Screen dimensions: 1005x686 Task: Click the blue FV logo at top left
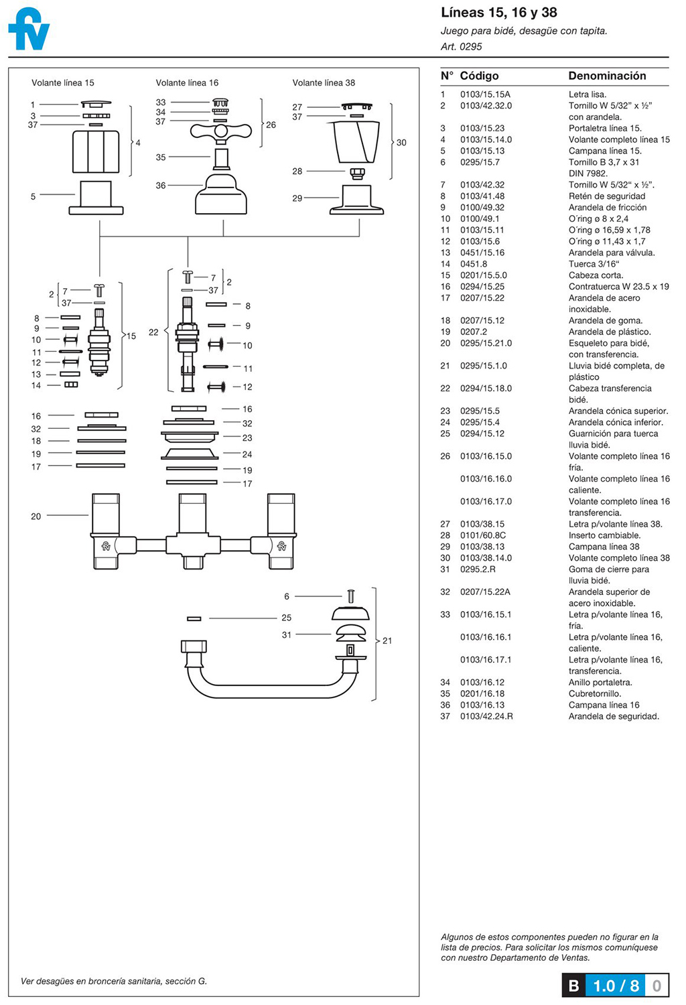[x=29, y=29]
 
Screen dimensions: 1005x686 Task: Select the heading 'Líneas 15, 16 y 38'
[x=498, y=13]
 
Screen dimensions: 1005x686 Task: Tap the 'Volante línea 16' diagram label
[x=187, y=83]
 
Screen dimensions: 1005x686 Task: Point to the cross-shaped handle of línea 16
[x=220, y=131]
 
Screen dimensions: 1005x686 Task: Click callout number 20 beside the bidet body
[x=36, y=517]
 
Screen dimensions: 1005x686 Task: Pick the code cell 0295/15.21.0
[x=486, y=343]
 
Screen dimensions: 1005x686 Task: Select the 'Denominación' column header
[x=607, y=76]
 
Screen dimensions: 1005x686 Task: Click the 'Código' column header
[x=479, y=76]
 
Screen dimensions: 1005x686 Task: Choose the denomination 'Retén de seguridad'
[x=607, y=196]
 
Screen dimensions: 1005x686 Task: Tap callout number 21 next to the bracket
[x=387, y=641]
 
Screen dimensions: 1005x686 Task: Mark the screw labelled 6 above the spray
[x=350, y=596]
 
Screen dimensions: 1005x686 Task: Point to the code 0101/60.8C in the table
[x=483, y=535]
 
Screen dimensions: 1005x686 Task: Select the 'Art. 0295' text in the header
[x=461, y=47]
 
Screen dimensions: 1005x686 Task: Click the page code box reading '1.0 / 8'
[x=616, y=986]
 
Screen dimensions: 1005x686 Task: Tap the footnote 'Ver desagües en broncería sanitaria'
[x=114, y=982]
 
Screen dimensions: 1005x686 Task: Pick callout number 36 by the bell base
[x=161, y=186]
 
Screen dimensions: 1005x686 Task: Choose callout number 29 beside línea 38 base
[x=297, y=198]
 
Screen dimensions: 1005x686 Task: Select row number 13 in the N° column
[x=445, y=253]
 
